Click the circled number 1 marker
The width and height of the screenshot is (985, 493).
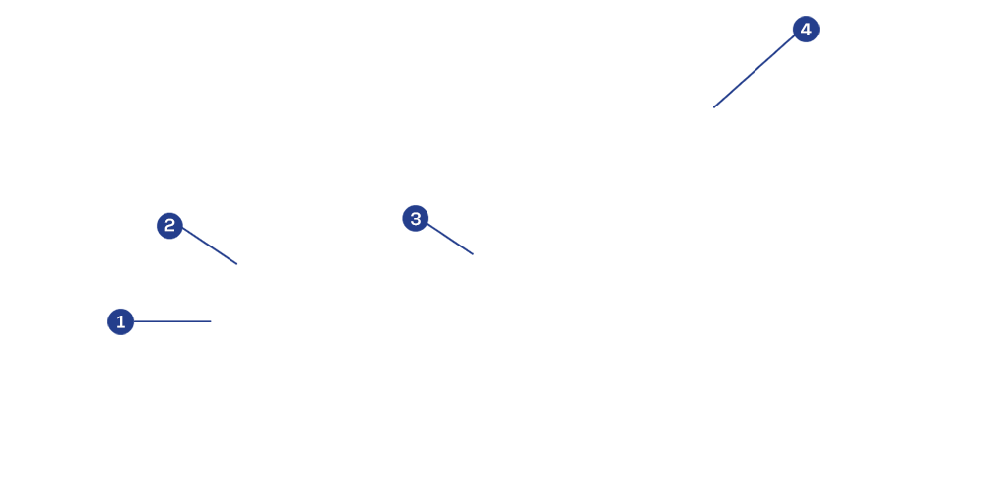[x=120, y=321]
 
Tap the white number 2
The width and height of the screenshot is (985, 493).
[x=169, y=226]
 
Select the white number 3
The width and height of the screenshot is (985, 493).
[x=416, y=219]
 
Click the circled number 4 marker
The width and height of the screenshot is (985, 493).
[x=806, y=30]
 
